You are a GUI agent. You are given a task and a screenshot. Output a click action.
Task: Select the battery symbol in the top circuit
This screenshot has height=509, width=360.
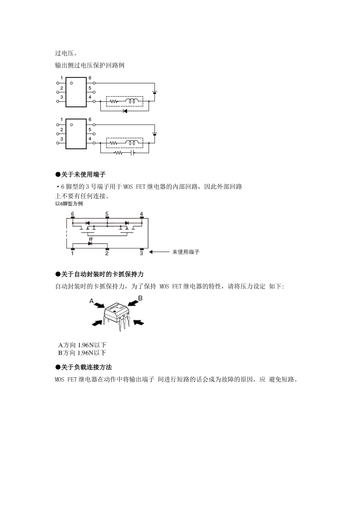(x=154, y=92)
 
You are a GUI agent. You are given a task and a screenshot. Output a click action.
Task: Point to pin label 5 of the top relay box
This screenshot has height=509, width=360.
(x=90, y=88)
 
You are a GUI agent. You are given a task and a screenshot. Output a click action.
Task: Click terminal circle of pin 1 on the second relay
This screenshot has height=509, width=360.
(x=58, y=124)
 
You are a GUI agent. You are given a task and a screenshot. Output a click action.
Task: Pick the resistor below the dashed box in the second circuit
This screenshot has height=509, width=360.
(x=119, y=153)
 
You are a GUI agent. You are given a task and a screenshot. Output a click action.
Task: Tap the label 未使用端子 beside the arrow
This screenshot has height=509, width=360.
(x=186, y=252)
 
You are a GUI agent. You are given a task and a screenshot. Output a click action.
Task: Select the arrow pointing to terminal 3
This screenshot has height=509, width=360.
(x=159, y=252)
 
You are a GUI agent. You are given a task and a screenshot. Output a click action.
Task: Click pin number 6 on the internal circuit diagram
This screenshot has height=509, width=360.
(x=73, y=214)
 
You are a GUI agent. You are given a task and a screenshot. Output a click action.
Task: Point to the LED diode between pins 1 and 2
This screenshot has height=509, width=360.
(x=90, y=244)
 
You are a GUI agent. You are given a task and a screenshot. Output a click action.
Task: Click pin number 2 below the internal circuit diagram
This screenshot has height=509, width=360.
(x=107, y=253)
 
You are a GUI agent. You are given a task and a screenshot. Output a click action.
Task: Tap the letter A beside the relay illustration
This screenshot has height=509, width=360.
(x=91, y=301)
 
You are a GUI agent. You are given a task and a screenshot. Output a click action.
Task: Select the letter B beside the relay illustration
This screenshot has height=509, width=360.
(x=140, y=298)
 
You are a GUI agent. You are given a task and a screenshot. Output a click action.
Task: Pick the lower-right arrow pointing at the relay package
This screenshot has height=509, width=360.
(x=139, y=322)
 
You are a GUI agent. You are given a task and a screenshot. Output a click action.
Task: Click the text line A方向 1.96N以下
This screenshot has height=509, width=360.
(x=82, y=345)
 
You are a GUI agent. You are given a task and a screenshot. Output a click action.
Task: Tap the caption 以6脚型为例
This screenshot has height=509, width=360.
(x=69, y=204)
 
